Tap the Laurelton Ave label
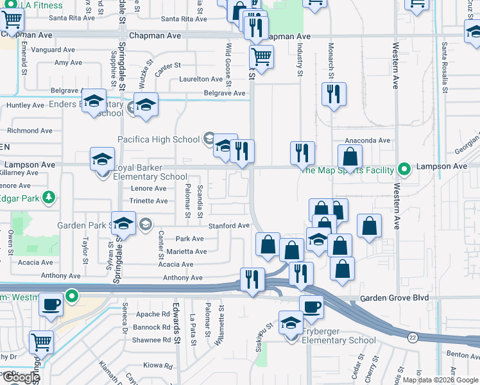[x=201, y=79]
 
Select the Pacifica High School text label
[x=159, y=139]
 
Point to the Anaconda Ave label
[x=368, y=141]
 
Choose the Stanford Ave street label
[x=228, y=226]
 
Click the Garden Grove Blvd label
[x=393, y=298]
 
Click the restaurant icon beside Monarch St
[x=334, y=94]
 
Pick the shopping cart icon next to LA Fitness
[x=12, y=21]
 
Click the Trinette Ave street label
[x=148, y=201]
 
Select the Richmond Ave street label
[x=30, y=131]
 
